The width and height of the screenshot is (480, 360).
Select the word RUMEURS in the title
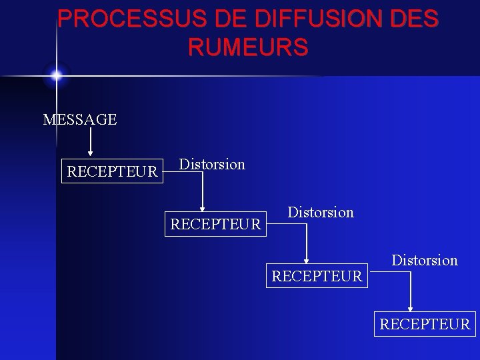point(248,47)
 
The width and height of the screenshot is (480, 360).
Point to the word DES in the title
point(413,18)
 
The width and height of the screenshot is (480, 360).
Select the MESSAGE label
point(80,120)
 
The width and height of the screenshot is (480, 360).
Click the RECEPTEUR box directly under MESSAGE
point(113,172)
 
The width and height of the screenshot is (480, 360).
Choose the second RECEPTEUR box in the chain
point(216,224)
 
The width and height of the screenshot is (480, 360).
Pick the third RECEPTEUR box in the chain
point(317,275)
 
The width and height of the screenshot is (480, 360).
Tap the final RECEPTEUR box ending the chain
point(425,325)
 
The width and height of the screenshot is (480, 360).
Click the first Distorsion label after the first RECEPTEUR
point(213,164)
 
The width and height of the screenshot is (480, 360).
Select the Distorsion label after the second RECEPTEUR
point(321,213)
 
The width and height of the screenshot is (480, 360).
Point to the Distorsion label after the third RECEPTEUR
point(425,260)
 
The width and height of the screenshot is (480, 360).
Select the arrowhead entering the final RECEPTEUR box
point(411,307)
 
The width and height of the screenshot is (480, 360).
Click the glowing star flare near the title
point(56,75)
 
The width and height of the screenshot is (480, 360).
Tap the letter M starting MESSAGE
point(49,120)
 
